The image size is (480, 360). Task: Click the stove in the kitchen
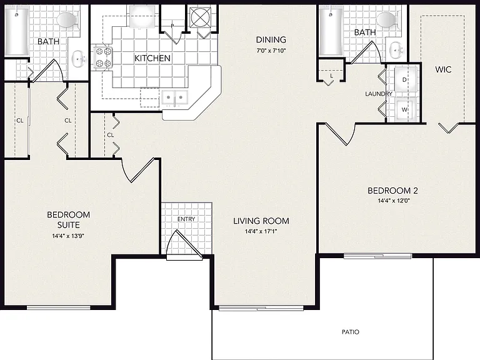click(x=103, y=57)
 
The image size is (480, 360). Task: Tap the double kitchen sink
click(x=174, y=97)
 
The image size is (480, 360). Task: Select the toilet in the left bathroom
click(x=69, y=20)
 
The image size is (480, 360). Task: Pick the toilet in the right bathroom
click(x=388, y=20)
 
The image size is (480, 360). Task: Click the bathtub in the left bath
click(x=17, y=31)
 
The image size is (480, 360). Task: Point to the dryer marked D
click(x=405, y=79)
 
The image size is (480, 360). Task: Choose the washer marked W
click(x=405, y=109)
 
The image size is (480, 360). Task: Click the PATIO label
click(x=351, y=332)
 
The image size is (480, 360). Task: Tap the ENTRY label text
click(x=186, y=219)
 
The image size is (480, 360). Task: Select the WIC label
click(x=443, y=69)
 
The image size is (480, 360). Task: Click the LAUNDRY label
click(x=379, y=94)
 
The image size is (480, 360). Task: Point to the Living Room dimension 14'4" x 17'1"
click(x=261, y=231)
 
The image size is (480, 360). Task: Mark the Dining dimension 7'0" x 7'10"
click(x=271, y=51)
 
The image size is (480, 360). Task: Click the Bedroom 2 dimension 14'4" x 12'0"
click(x=394, y=201)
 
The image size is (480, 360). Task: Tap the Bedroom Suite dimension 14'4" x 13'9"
click(x=68, y=236)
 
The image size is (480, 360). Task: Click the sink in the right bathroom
click(x=397, y=49)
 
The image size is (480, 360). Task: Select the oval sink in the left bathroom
click(x=78, y=59)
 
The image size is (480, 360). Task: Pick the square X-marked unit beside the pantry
click(x=200, y=17)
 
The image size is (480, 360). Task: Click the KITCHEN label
click(x=152, y=58)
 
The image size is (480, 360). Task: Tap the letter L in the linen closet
click(x=331, y=76)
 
